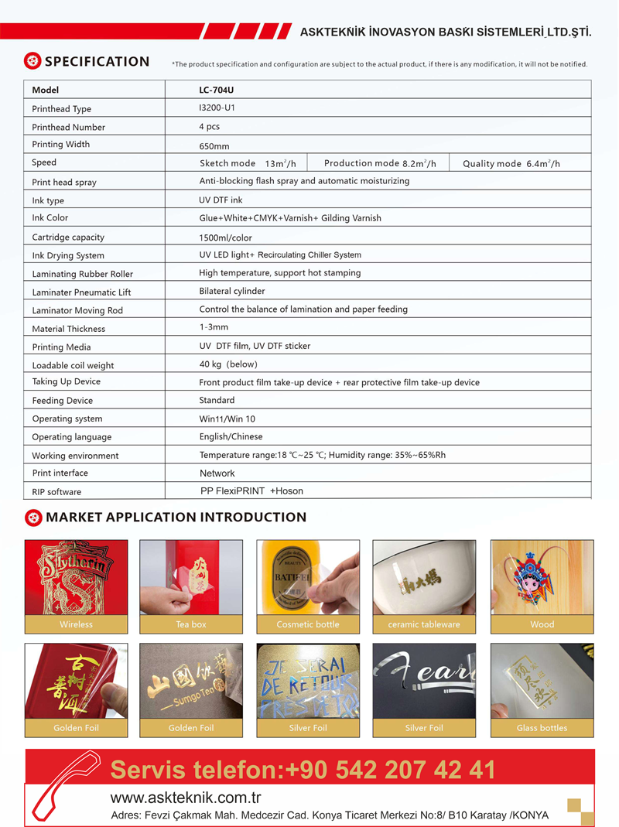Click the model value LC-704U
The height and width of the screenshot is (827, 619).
[216, 91]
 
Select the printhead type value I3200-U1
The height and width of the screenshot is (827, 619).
[217, 108]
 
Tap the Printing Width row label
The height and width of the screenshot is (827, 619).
[60, 145]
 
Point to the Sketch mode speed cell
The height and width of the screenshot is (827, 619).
[248, 163]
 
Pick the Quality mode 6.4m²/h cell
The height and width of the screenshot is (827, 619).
[511, 163]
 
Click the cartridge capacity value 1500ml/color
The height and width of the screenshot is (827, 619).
[225, 238]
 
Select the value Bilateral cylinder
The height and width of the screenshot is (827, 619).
[232, 291]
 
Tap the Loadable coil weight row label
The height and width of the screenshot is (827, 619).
[73, 365]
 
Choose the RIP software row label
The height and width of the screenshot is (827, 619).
[56, 492]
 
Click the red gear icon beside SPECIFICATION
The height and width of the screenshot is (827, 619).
[32, 61]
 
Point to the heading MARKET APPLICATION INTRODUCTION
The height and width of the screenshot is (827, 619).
[176, 517]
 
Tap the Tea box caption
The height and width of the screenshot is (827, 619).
[191, 624]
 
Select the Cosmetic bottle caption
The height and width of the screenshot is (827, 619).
[308, 624]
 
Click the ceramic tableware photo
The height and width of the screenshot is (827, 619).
[424, 576]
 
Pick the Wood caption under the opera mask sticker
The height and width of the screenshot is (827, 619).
[542, 624]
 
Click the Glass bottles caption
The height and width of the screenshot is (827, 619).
[542, 728]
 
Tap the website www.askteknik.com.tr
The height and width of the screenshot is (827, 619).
[186, 798]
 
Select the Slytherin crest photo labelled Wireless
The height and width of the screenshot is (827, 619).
[76, 576]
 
